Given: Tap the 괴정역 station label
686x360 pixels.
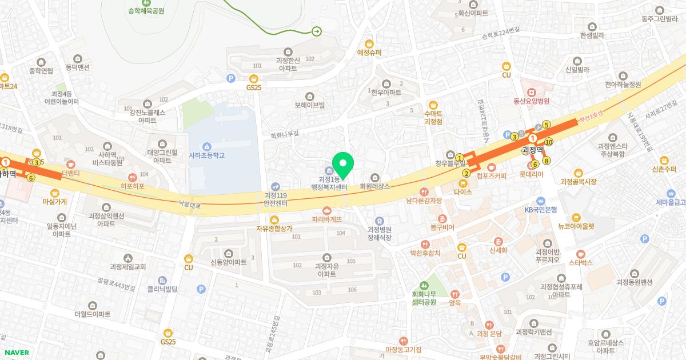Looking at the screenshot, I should [532, 150].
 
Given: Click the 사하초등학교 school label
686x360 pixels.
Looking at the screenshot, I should [206, 155].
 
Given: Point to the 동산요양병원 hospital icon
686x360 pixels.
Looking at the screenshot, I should [531, 91].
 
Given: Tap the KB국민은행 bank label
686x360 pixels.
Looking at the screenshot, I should [540, 210].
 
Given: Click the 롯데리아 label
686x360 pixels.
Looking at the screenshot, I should [531, 174].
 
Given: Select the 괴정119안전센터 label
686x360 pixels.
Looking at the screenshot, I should [275, 199].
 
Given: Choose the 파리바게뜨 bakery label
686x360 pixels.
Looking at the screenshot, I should [326, 219].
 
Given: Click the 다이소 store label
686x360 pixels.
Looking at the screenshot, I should [462, 192].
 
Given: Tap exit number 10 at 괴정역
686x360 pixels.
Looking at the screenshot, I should [549, 142].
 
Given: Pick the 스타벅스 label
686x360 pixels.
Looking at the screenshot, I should [581, 263].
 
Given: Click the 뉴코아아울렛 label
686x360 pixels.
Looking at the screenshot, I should [576, 226].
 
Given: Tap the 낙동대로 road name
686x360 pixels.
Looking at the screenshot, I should [190, 203].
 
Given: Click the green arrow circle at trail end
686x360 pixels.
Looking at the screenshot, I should [317, 31].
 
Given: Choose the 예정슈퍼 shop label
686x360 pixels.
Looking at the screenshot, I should [369, 53].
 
